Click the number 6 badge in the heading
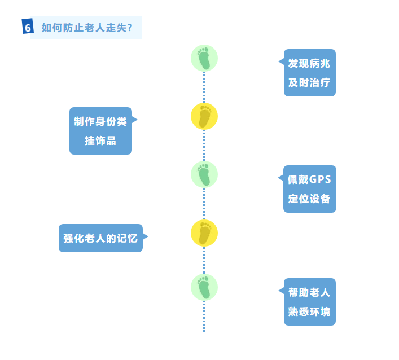coord(28,27)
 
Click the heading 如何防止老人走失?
coord(87,27)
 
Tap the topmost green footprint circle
coord(204,58)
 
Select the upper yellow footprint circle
coord(204,116)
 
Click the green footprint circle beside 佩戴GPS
coord(204,174)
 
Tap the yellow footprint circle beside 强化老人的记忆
coord(204,233)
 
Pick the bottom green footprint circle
coord(204,287)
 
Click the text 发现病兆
coord(309,63)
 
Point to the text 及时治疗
coord(309,83)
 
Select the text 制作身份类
coord(100,121)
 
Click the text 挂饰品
coord(100,141)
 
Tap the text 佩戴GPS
coord(309,179)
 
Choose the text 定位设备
coord(309,199)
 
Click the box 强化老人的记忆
coord(100,238)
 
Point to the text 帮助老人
coord(309,292)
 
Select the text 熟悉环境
coord(309,312)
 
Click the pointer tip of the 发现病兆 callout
coord(279,62)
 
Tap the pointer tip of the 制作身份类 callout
coord(137,120)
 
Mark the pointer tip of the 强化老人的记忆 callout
coord(148,237)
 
